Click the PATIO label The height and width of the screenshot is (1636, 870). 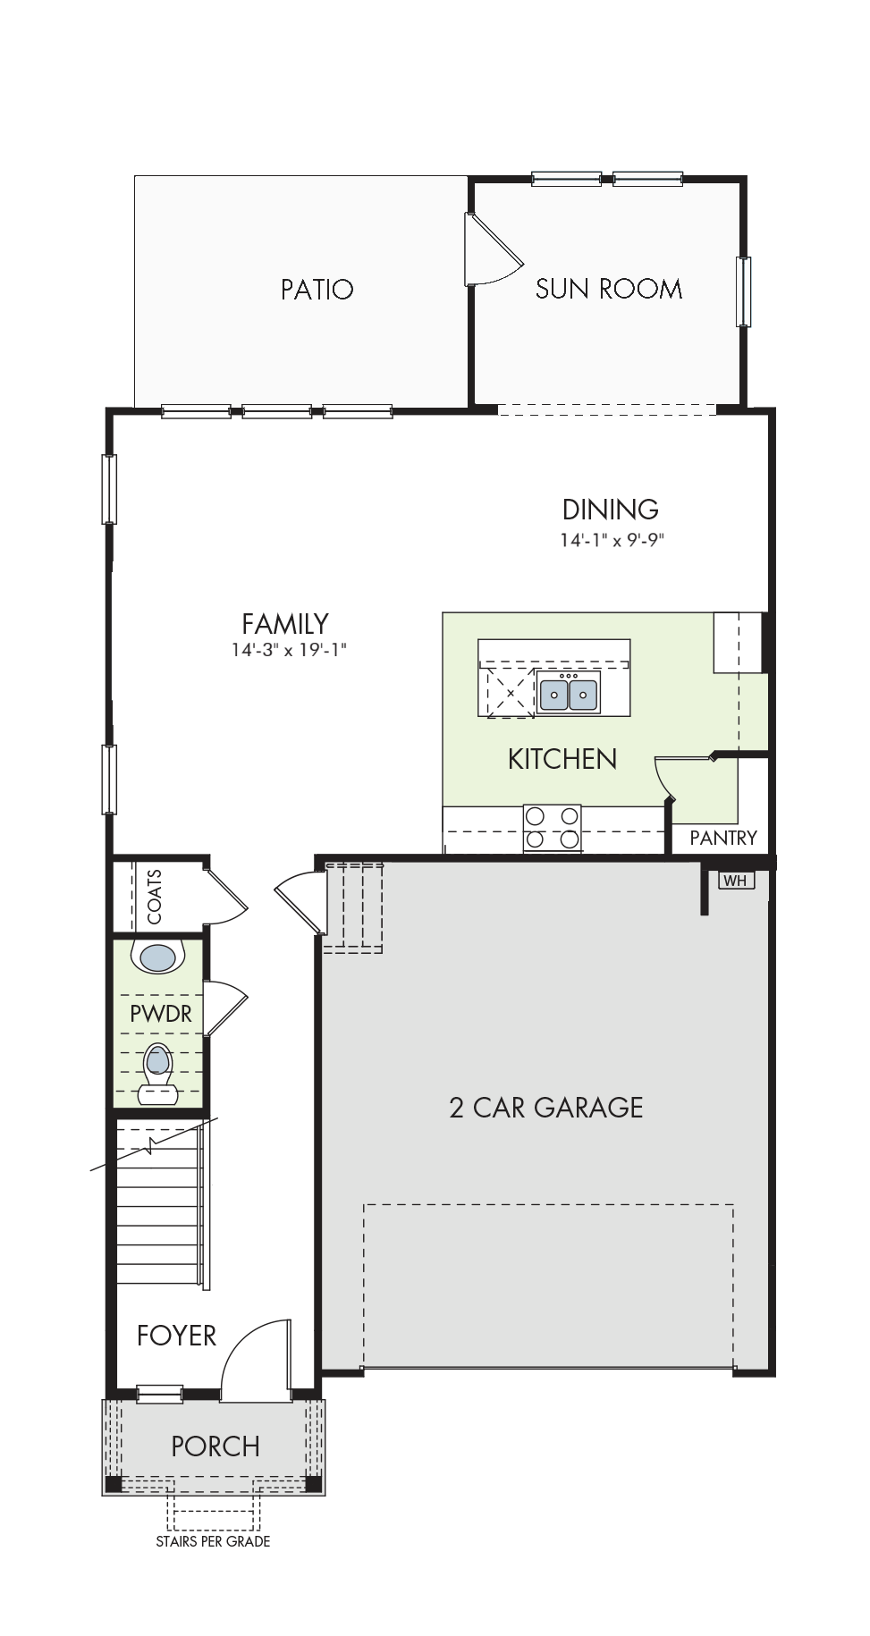[x=317, y=289]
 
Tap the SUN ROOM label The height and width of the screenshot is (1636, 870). [x=608, y=288]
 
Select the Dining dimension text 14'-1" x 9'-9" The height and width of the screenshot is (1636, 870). [x=612, y=539]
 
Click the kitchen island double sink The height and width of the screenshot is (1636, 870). [x=568, y=694]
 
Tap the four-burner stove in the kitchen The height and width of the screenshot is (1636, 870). [x=552, y=827]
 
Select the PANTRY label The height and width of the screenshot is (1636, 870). [x=723, y=838]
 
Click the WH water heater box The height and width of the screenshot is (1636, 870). [x=736, y=881]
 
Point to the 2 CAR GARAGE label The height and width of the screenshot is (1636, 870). [x=545, y=1108]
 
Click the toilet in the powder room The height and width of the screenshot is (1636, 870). [x=158, y=1073]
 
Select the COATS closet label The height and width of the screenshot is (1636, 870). [x=154, y=897]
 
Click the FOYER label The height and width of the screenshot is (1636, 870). [x=176, y=1336]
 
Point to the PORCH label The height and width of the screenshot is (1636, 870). [x=215, y=1446]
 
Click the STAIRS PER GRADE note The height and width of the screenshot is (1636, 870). [x=213, y=1541]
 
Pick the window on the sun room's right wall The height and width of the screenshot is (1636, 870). [x=744, y=291]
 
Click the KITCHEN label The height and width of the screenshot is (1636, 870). [x=562, y=759]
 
